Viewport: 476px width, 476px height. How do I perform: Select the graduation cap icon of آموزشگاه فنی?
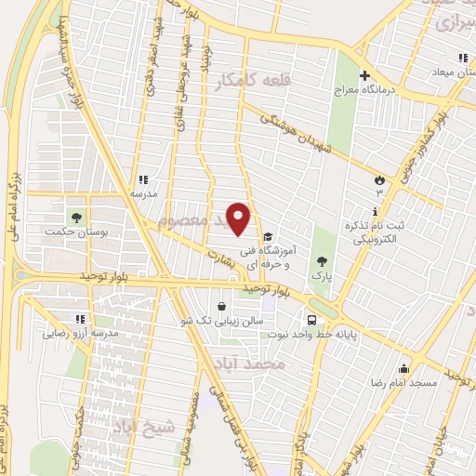(269, 236)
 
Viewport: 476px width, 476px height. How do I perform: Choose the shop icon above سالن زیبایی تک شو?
(220, 306)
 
